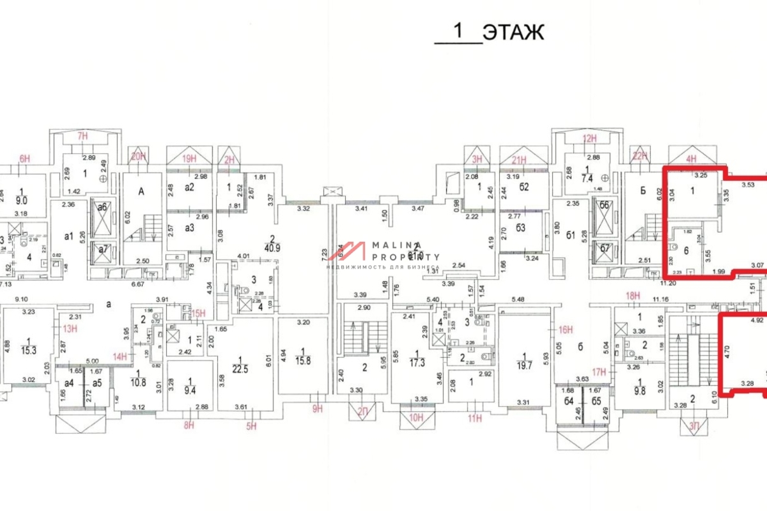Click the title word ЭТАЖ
(513, 33)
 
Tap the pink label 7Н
(82, 136)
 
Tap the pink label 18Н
(633, 296)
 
